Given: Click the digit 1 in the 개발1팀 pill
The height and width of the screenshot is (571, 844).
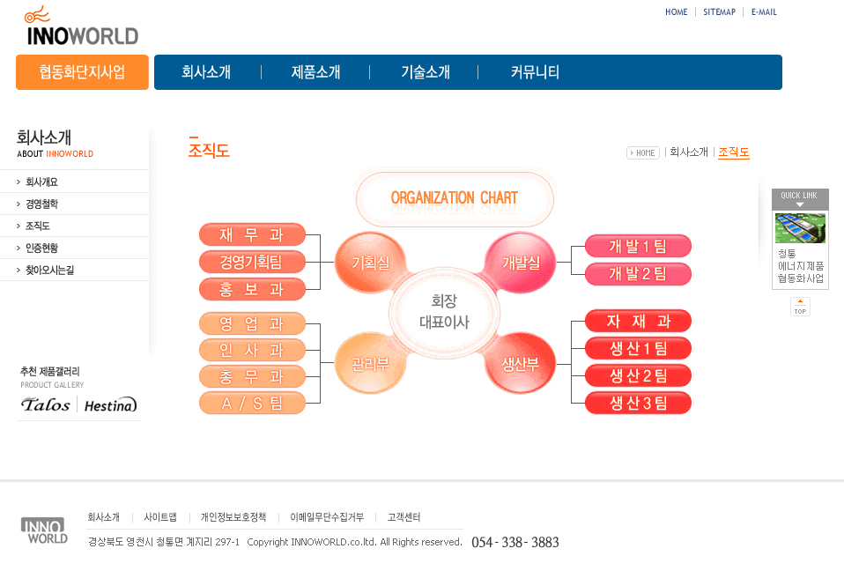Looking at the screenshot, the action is (x=646, y=247).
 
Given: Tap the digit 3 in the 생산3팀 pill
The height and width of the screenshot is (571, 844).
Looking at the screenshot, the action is (x=647, y=403).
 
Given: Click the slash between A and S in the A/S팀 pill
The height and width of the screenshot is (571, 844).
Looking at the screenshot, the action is (x=242, y=403).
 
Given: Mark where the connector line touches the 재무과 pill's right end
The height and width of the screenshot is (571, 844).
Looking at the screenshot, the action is (x=305, y=234).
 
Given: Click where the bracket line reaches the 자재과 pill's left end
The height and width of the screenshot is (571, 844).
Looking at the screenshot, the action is (x=586, y=322).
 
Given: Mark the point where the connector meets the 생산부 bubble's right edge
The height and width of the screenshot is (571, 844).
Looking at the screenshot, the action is (x=556, y=364).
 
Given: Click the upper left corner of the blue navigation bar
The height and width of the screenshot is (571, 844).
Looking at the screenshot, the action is (x=154, y=55).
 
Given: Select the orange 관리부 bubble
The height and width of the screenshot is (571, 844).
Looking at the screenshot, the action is (x=370, y=363).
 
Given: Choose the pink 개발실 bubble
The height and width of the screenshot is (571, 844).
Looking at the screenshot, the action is (x=520, y=263).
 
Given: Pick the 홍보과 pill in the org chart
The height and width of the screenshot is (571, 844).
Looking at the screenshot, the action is (x=252, y=290).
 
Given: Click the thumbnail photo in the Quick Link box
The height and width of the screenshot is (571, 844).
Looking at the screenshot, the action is (x=800, y=228).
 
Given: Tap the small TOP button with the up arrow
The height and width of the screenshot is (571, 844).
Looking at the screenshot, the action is (x=800, y=307).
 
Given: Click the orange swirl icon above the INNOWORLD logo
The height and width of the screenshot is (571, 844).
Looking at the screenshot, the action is (x=37, y=14).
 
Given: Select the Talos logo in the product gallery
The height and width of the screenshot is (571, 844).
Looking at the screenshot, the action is (x=46, y=404).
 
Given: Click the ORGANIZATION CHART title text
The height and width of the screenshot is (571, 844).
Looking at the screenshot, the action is (x=455, y=197).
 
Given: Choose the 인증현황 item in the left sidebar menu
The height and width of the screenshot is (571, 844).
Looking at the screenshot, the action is (x=41, y=248).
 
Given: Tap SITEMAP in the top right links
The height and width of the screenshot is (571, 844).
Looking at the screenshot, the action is (x=719, y=11).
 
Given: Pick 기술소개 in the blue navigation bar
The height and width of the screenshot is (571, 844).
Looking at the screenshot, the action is (x=426, y=72).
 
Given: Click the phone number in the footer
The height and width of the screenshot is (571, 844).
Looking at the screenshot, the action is (x=515, y=542).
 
